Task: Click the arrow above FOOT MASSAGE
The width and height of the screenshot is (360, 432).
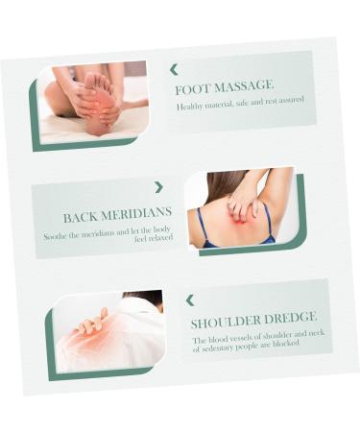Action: coord(174,69)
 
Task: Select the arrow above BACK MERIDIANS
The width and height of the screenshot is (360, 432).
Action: coord(158,187)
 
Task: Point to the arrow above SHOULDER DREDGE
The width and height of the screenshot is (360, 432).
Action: coord(189,300)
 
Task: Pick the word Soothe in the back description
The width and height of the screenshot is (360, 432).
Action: coord(56,236)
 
